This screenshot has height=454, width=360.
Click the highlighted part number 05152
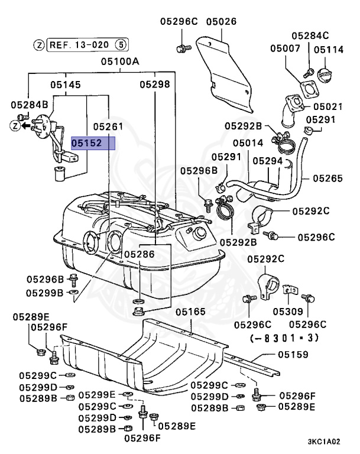coord(87,143)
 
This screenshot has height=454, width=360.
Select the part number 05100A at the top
coord(120,61)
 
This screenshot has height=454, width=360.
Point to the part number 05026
coord(221,22)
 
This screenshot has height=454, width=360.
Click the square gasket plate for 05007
coord(307,87)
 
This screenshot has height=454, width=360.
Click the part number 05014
coord(248,143)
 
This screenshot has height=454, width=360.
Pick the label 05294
coord(268,160)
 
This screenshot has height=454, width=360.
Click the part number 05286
coord(139,254)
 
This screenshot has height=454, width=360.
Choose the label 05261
coord(108,127)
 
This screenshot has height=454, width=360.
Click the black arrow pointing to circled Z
coord(27,125)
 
